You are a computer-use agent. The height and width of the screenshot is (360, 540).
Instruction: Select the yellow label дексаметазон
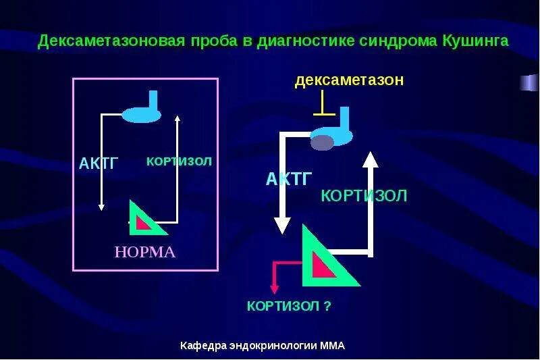[x=349, y=80]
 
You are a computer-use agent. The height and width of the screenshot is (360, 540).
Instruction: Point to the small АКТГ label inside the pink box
[x=99, y=163]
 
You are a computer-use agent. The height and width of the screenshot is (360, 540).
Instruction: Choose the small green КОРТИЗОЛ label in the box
[x=179, y=161]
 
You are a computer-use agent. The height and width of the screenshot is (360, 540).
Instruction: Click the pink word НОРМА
[x=145, y=253]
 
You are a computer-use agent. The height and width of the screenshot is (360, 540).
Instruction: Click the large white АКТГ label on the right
[x=289, y=179]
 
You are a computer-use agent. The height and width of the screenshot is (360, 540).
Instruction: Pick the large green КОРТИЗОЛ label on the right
[x=364, y=197]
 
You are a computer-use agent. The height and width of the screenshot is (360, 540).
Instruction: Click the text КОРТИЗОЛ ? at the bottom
[x=289, y=307]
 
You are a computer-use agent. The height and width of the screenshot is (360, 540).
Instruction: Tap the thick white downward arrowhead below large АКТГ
[x=282, y=225]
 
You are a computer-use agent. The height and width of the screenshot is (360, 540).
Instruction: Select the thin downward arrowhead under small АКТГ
[x=101, y=207]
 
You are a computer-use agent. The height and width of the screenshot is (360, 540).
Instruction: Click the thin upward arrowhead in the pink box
[x=177, y=119]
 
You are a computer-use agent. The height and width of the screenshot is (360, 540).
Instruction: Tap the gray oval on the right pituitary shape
[x=323, y=142]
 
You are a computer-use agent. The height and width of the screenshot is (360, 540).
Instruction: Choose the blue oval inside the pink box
[x=140, y=115]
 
